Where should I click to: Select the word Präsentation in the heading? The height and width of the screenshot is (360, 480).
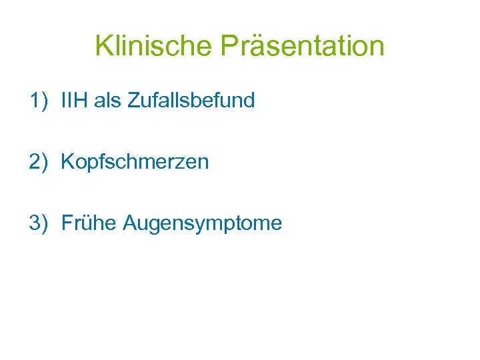pos(302,47)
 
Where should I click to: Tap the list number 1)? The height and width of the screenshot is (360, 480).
pos(39,101)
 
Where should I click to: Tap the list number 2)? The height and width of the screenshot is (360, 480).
pos(39,162)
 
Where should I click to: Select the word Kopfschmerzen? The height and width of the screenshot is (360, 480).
pos(135,162)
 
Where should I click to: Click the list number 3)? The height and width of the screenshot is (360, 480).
pos(39,223)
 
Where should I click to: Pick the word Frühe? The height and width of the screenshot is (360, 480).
pos(89,223)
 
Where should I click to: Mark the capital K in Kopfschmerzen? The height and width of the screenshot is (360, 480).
pos(67,162)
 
